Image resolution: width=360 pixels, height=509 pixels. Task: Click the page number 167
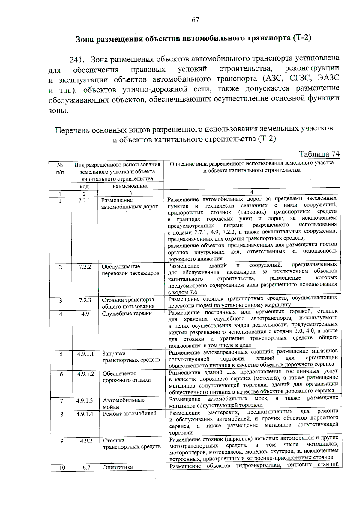click(194, 20)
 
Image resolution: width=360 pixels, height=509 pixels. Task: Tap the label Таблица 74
click(319, 154)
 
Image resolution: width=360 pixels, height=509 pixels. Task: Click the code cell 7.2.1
click(84, 200)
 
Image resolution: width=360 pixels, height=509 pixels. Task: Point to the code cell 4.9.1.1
click(85, 354)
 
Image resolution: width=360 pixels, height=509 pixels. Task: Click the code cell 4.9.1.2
click(85, 374)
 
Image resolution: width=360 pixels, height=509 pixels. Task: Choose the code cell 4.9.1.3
click(85, 400)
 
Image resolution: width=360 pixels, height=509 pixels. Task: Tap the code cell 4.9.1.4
click(85, 414)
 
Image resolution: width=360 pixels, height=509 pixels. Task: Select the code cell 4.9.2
click(86, 441)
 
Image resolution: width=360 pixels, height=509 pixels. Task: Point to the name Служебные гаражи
click(127, 313)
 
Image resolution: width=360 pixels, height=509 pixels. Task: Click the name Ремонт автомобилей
click(130, 414)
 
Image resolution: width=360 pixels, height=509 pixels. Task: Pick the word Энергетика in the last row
click(118, 467)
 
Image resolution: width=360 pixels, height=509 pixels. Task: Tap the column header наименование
click(130, 186)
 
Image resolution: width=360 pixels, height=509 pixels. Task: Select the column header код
click(84, 187)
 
